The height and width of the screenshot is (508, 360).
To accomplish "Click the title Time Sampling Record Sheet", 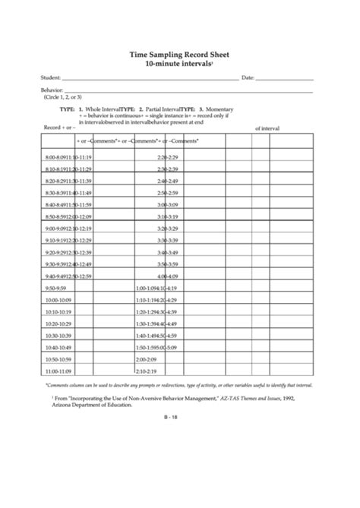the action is (180, 55).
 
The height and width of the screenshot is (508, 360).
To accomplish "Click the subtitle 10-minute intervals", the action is (178, 65).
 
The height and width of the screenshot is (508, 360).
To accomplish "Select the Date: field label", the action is (247, 78).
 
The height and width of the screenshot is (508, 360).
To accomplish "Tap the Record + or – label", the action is (56, 127).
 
